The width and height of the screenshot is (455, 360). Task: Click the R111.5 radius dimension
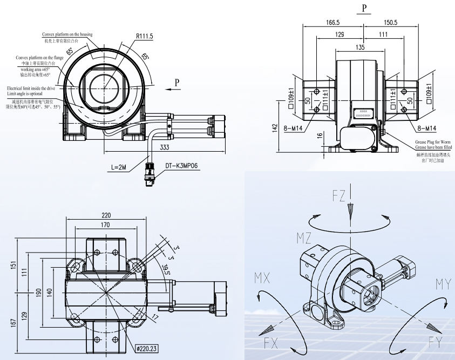144,37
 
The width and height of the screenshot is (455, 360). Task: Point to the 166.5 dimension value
333,23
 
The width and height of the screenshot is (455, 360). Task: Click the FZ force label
338,196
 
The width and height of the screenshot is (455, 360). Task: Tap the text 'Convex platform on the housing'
68,35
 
